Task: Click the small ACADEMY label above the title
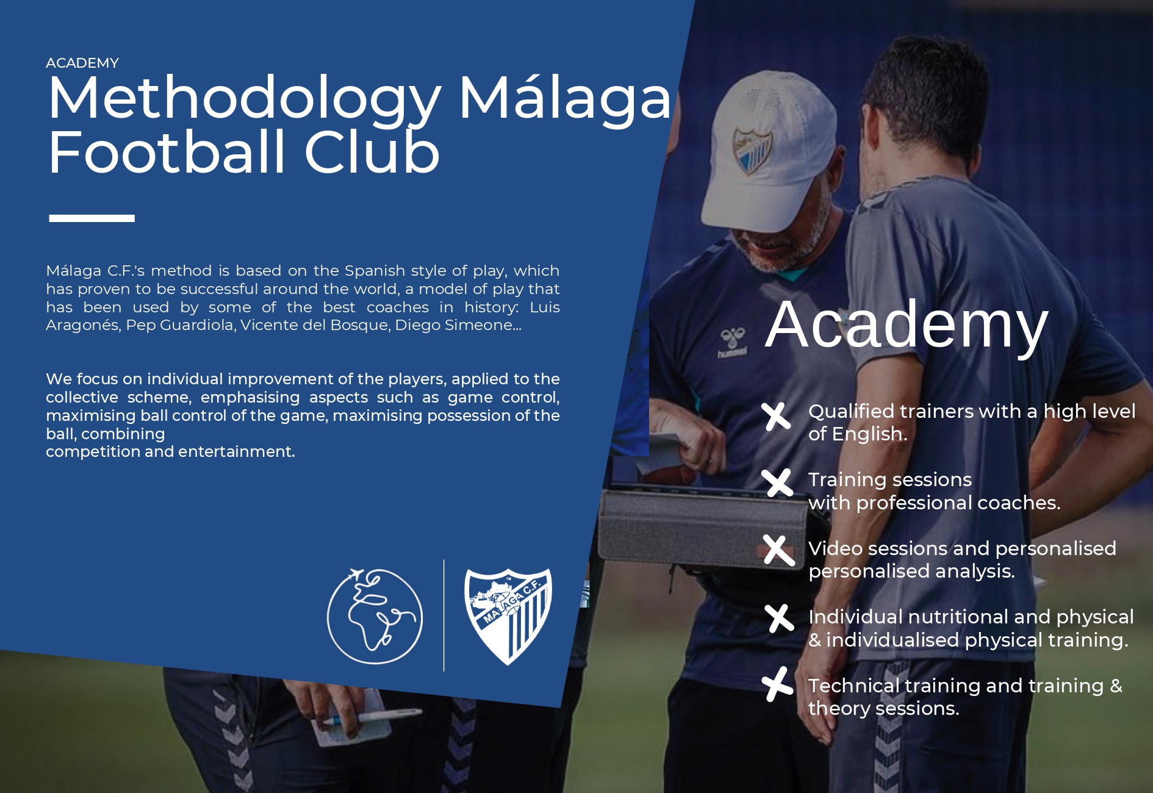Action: tap(82, 63)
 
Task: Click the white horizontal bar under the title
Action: tap(92, 218)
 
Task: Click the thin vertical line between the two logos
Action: tap(444, 615)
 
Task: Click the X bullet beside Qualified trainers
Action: tap(777, 417)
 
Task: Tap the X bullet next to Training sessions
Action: tap(777, 483)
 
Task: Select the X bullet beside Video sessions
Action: tap(779, 550)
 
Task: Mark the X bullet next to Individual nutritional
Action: tap(779, 619)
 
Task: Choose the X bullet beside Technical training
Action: tap(777, 684)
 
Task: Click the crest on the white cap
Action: tap(752, 150)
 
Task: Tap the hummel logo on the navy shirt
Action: tap(732, 343)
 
